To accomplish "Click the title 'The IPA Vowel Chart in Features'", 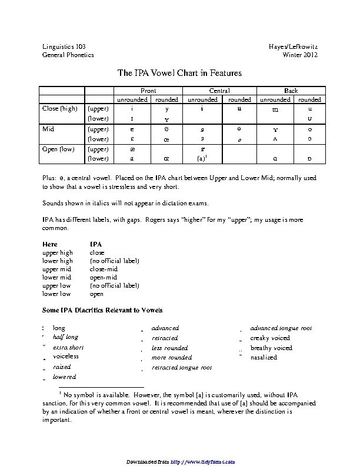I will (x=179, y=73).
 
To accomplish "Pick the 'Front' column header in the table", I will (x=148, y=91).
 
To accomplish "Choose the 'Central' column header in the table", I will (x=219, y=91).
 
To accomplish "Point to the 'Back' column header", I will (x=291, y=91).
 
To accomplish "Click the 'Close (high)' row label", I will (x=60, y=108).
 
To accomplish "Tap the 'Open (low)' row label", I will (x=59, y=149).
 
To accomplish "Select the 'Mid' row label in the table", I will (x=48, y=128).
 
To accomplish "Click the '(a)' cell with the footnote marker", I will (x=202, y=159).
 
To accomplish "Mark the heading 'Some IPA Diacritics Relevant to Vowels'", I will (x=102, y=310).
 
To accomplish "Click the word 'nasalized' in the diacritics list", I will (x=263, y=357).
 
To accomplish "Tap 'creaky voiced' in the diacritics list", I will (x=270, y=338).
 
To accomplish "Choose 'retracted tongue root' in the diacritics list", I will (x=182, y=367).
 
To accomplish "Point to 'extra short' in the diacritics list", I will (x=68, y=347).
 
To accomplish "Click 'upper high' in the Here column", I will (x=58, y=252).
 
